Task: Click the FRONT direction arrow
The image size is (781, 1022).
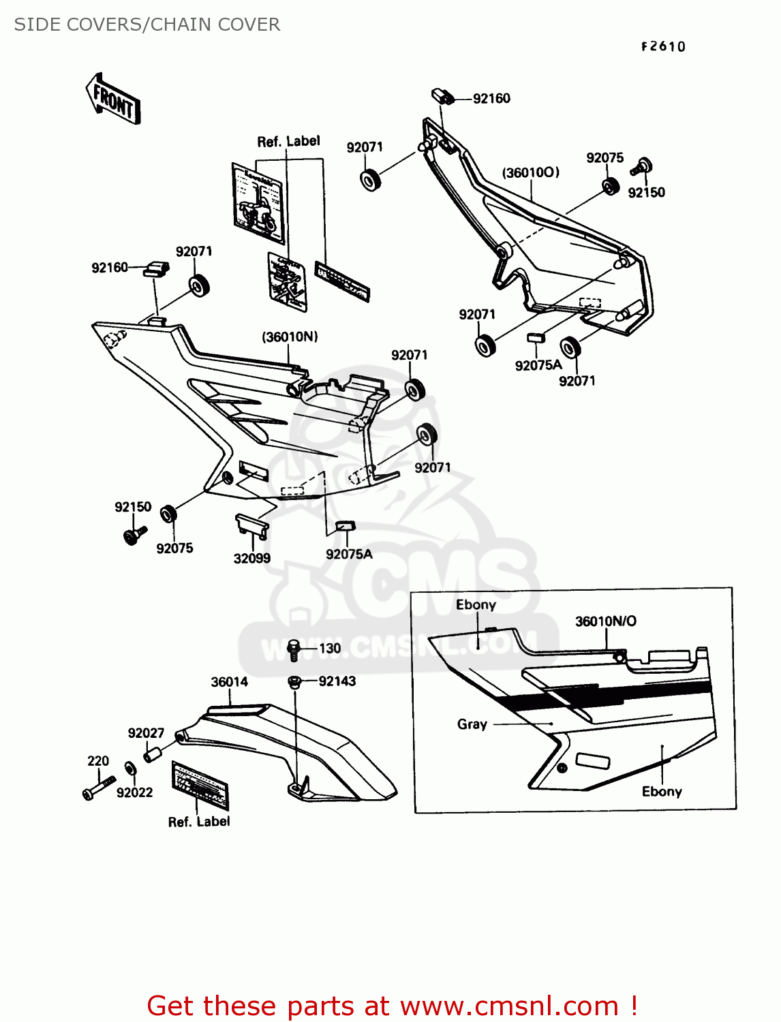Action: tap(113, 99)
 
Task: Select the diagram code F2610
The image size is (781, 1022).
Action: tap(663, 46)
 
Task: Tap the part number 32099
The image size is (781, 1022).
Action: tap(251, 559)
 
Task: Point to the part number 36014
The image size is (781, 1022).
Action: tap(229, 682)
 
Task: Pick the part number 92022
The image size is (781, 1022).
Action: tap(134, 792)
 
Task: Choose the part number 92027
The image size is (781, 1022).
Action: tap(146, 733)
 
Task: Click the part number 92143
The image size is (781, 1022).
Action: tap(337, 681)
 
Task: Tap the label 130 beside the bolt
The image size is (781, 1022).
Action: tap(330, 649)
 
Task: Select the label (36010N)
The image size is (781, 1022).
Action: tap(290, 337)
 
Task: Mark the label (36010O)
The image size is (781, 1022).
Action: tap(531, 172)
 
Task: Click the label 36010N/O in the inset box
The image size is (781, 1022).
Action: tap(606, 621)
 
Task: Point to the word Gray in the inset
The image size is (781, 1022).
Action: tap(472, 724)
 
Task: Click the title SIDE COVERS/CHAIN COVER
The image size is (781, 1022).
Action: tap(147, 25)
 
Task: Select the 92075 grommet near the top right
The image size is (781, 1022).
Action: tap(610, 186)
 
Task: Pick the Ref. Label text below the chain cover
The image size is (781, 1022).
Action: tap(199, 822)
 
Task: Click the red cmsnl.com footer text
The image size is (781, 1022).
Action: tap(392, 1006)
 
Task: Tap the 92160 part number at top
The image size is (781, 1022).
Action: tap(491, 99)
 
